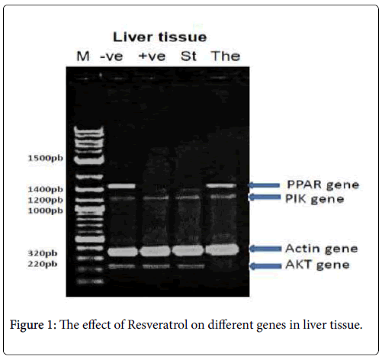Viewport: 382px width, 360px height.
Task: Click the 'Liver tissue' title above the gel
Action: click(x=159, y=37)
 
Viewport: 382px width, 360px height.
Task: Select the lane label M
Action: click(x=83, y=56)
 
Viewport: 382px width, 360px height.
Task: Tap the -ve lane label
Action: click(x=112, y=56)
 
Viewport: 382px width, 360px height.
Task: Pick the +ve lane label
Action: click(x=152, y=56)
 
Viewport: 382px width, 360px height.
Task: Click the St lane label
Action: click(x=188, y=56)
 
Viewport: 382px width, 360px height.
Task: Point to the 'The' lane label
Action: click(x=226, y=56)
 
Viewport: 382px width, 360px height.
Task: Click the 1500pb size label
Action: click(x=46, y=159)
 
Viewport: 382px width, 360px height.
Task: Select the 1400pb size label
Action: click(x=46, y=189)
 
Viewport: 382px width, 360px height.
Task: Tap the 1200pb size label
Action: click(x=46, y=200)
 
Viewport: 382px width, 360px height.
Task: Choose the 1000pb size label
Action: click(x=46, y=211)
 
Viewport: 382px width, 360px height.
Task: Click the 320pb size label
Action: click(x=43, y=253)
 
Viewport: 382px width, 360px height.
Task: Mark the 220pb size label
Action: click(x=43, y=264)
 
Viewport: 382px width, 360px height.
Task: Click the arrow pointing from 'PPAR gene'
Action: click(x=264, y=185)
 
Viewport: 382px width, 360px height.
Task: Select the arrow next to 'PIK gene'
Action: click(x=264, y=197)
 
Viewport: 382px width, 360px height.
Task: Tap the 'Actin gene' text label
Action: click(x=322, y=249)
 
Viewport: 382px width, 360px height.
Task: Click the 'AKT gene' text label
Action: click(x=317, y=265)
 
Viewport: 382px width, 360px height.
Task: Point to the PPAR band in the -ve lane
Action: click(x=122, y=186)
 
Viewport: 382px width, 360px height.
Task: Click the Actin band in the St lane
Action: click(x=188, y=250)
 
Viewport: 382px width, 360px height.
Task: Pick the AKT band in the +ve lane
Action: click(x=156, y=266)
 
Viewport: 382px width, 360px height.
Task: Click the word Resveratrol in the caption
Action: click(x=158, y=325)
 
